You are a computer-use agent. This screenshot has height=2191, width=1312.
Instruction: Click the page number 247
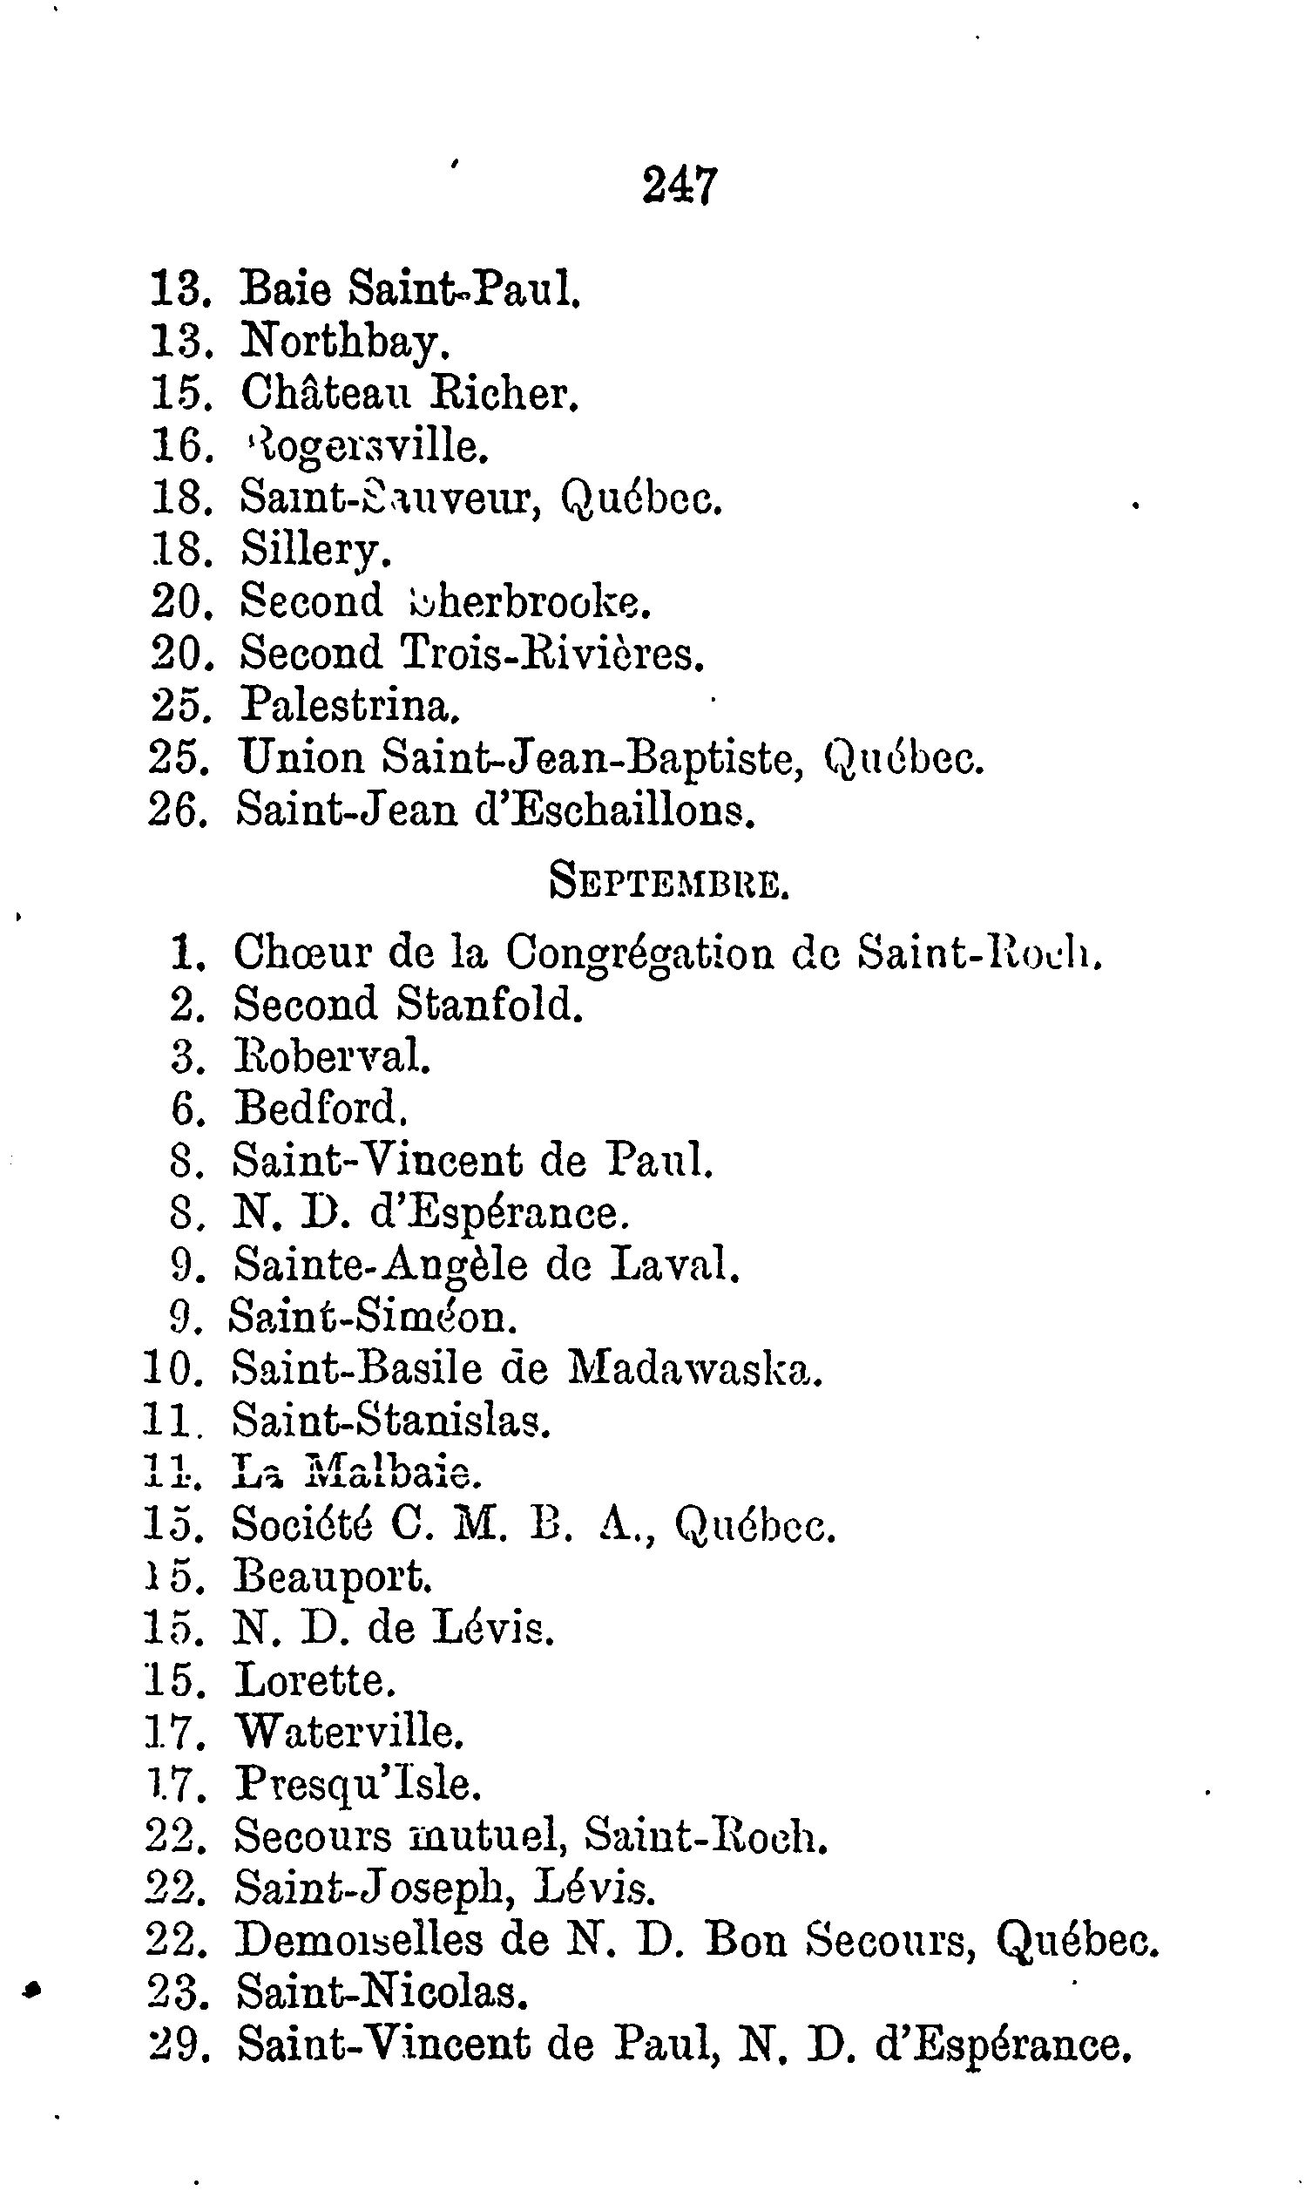[679, 187]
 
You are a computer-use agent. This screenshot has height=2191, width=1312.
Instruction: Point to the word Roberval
[331, 1056]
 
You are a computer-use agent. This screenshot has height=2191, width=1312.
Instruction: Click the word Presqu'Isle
[356, 1783]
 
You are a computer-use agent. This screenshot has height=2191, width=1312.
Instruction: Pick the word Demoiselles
[359, 1940]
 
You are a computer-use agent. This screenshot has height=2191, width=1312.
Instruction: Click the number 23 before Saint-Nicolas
[175, 1992]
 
